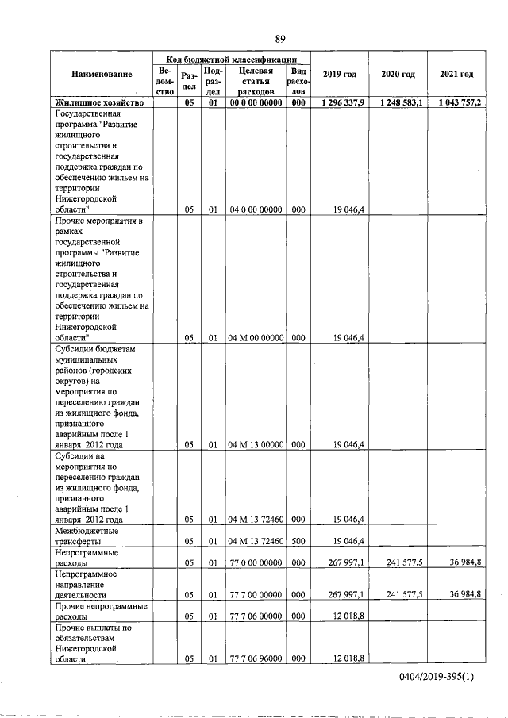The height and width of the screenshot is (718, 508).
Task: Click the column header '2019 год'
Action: tap(340, 75)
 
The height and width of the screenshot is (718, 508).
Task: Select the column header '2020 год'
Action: tap(398, 75)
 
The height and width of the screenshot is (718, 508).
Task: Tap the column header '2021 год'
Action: tap(456, 75)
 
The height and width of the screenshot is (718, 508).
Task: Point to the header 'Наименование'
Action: tap(102, 75)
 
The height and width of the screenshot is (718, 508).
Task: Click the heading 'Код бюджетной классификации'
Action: tap(232, 58)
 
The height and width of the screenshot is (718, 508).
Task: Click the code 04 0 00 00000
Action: tap(256, 209)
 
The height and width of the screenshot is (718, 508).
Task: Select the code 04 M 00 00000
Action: tap(256, 338)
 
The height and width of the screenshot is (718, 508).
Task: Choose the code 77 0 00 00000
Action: tap(256, 562)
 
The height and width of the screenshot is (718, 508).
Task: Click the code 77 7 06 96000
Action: tap(256, 681)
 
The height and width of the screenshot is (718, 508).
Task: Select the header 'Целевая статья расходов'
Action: tap(256, 80)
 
